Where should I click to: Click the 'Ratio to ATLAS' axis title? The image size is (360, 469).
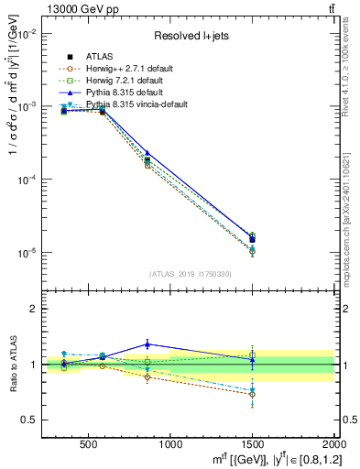[x=11, y=364]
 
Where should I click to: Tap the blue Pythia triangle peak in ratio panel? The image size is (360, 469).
[x=147, y=344]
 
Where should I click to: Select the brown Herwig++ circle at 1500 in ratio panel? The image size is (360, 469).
[x=252, y=394]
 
